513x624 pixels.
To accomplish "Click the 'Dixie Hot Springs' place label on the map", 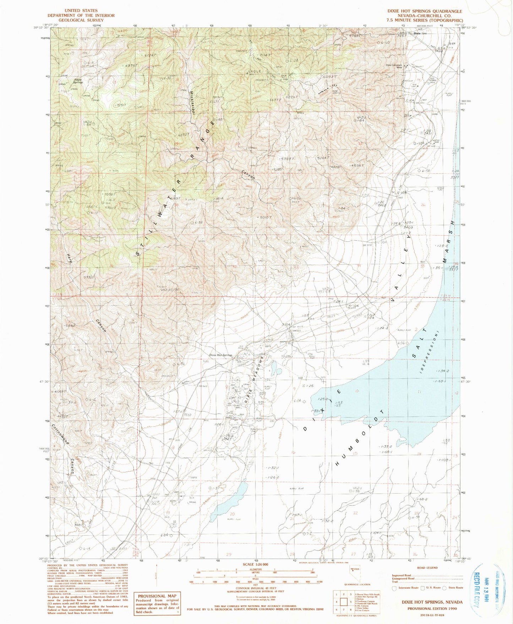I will [x=220, y=355].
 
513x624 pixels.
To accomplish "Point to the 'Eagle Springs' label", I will [x=78, y=81].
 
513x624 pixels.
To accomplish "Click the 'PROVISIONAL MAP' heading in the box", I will [x=157, y=596].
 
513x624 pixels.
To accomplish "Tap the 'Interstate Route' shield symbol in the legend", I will [x=394, y=588].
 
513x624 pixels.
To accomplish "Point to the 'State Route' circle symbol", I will [x=444, y=588].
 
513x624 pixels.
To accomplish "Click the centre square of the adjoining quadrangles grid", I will [x=344, y=602].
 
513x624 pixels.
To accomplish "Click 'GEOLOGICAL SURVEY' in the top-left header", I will [x=81, y=20].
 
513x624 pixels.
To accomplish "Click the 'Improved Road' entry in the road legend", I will [x=401, y=575].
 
